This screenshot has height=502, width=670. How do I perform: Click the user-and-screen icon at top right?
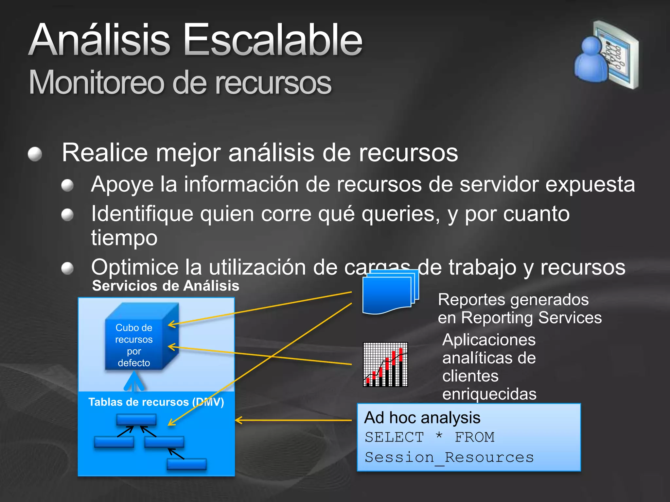coord(606,55)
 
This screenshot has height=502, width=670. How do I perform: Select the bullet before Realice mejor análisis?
coord(35,154)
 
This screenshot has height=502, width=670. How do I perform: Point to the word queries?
coord(400,214)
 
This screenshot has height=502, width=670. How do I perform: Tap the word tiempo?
coord(124,238)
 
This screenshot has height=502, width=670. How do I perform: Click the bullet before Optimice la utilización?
coord(67,268)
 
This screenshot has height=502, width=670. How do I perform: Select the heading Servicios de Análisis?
coord(166,286)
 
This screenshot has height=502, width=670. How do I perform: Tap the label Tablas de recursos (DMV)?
coord(156,402)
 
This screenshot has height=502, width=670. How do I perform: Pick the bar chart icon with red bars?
coord(385,364)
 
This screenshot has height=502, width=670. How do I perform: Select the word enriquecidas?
coord(489,394)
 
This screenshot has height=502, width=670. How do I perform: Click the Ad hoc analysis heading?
coord(422,418)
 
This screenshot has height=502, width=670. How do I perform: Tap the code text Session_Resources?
coord(449,457)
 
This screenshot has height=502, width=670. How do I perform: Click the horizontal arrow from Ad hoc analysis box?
coord(294,420)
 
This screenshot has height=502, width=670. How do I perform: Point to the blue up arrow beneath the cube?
coord(134,382)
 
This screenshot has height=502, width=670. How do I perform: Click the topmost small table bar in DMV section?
coord(136,419)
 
